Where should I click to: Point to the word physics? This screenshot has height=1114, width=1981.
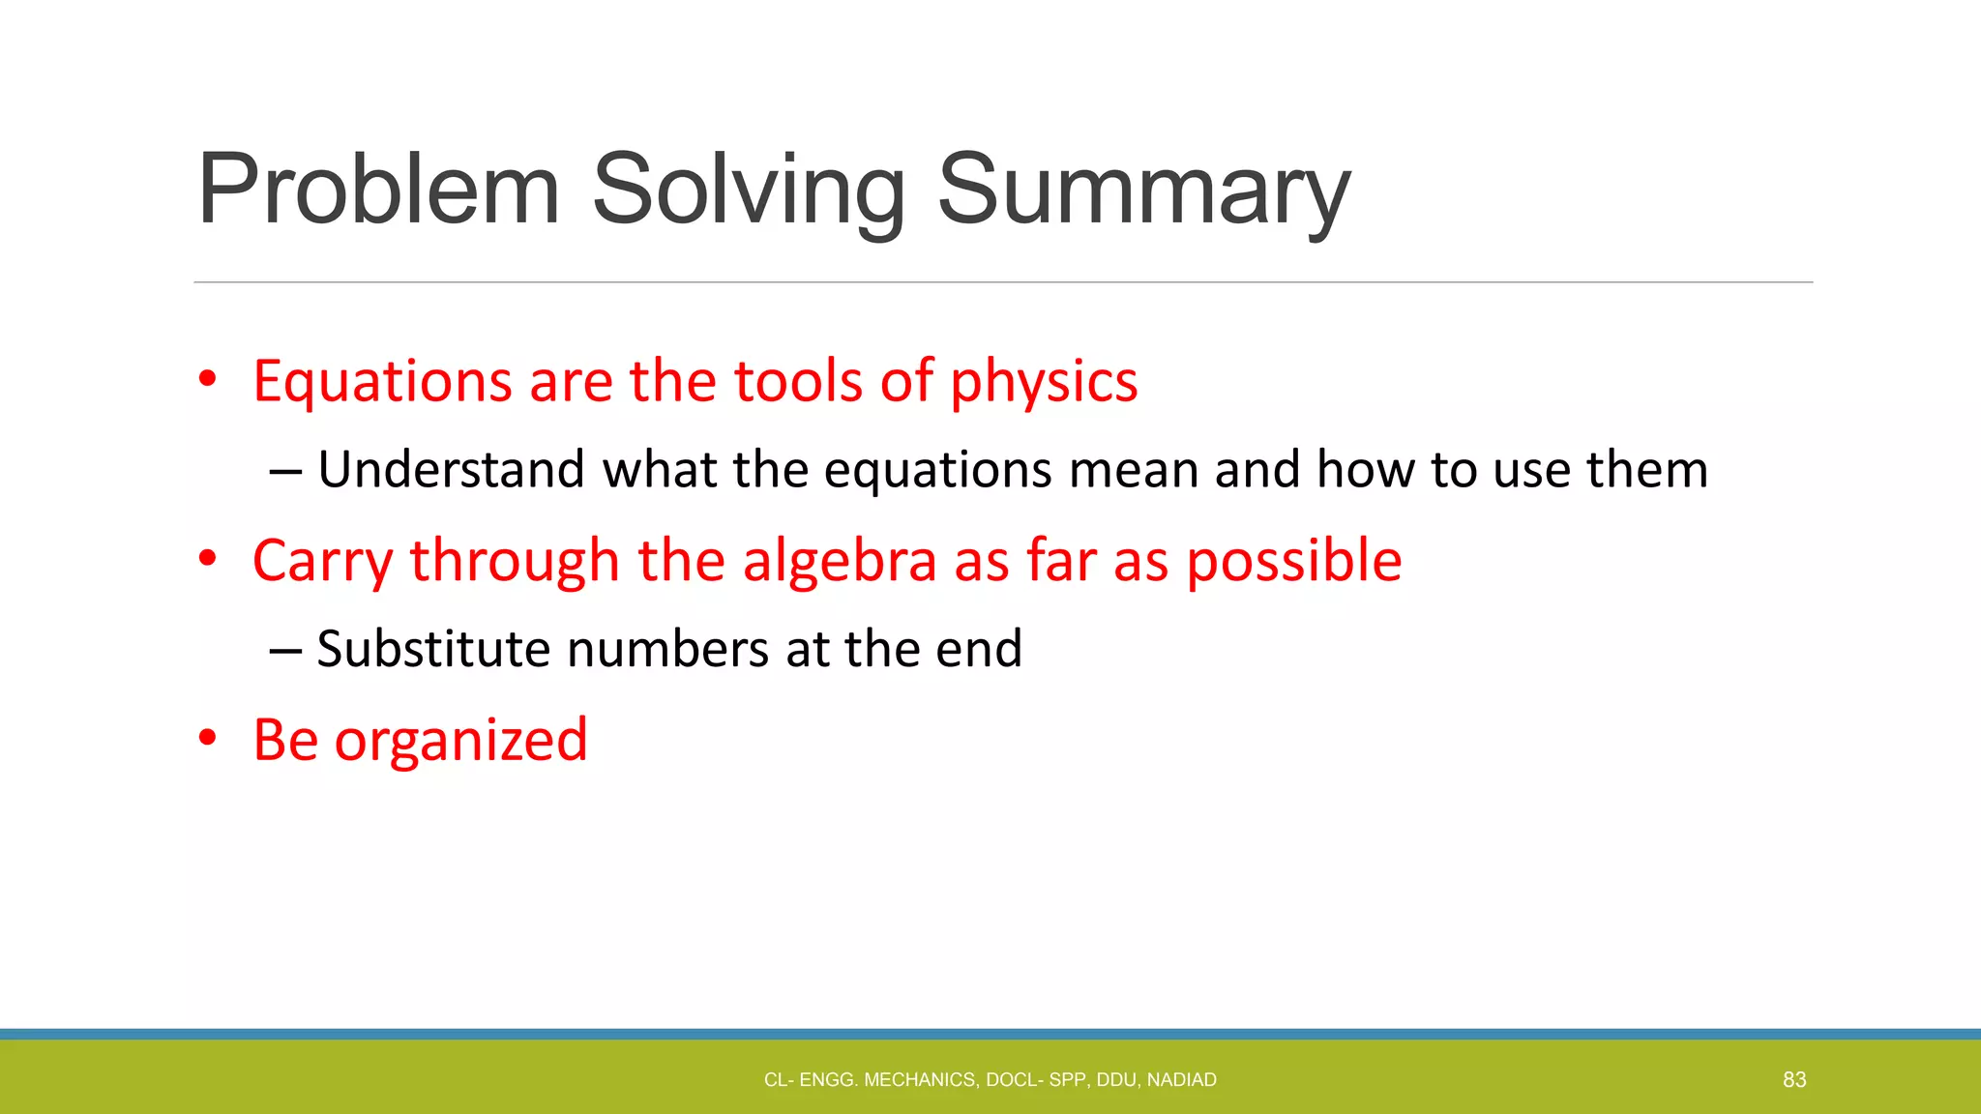(x=1044, y=381)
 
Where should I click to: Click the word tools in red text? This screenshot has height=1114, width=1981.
(x=798, y=381)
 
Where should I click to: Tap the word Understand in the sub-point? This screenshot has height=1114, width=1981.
(x=452, y=470)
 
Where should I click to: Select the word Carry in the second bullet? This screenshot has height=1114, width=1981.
(x=322, y=561)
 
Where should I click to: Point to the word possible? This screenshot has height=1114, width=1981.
(x=1294, y=561)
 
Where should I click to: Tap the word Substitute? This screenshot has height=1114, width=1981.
(x=433, y=649)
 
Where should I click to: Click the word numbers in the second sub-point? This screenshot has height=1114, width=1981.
(x=668, y=649)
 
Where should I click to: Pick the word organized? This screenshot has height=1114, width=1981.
(x=460, y=741)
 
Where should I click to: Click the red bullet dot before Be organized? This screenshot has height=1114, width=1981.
(x=207, y=739)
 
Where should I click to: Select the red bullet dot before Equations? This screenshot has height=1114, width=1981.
(x=207, y=380)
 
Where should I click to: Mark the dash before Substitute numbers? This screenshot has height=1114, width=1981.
(x=285, y=651)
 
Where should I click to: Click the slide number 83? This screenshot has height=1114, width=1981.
(x=1794, y=1079)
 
